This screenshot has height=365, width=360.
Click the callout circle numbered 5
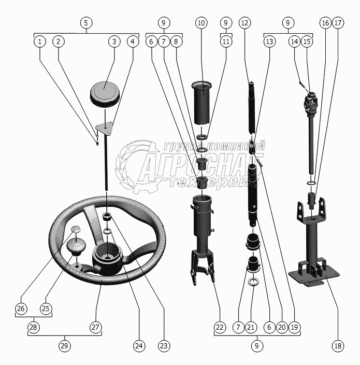86,23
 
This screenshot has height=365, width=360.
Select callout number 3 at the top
114,41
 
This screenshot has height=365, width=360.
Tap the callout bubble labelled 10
201,23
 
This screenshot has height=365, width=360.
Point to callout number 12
245,23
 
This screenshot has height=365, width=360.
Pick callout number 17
338,23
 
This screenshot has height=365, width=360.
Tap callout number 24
138,346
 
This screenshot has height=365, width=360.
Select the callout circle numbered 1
39,41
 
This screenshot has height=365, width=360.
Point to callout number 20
281,328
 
